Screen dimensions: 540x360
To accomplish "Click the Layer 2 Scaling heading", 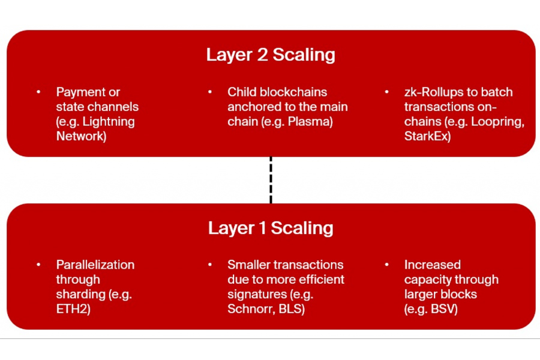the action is [271, 55].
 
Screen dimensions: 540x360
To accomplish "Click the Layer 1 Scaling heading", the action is [271, 228].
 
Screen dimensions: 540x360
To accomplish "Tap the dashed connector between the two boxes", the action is [271, 180].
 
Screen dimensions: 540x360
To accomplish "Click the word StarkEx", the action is [425, 136].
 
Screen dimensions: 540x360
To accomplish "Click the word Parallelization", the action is [95, 265].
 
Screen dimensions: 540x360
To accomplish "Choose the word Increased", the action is [432, 265].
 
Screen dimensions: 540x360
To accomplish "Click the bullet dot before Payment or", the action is [38, 92].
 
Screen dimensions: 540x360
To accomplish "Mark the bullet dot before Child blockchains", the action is [210, 92].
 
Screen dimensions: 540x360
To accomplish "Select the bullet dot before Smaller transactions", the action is [210, 265].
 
